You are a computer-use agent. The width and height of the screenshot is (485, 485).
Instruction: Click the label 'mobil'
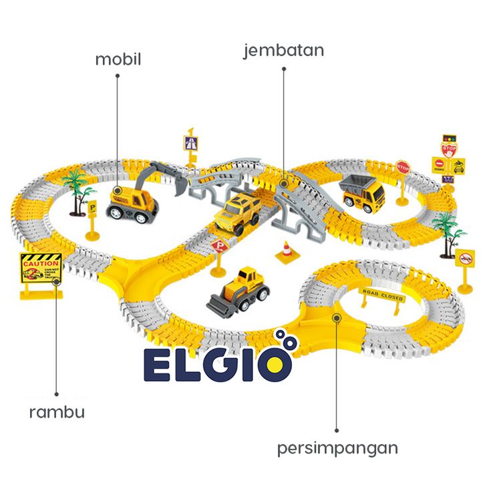click(118, 59)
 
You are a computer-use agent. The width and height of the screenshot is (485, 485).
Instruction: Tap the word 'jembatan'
click(283, 51)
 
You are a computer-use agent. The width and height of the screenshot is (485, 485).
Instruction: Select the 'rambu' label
click(57, 412)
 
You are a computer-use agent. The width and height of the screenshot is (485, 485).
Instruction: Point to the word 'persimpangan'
click(337, 447)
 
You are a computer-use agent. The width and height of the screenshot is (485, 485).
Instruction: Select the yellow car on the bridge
click(237, 212)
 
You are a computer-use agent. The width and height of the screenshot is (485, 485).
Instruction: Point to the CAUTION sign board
click(41, 270)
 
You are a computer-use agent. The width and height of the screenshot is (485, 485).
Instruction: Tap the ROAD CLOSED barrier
click(383, 295)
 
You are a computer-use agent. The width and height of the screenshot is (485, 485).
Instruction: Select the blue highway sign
click(190, 143)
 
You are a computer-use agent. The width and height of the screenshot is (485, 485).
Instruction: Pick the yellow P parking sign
click(92, 208)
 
